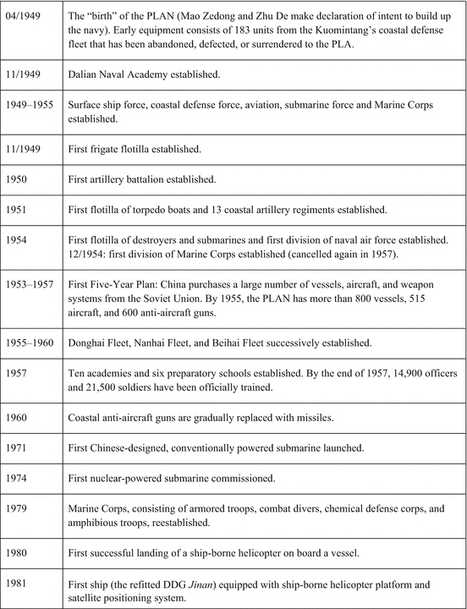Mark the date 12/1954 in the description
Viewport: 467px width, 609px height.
[91, 254]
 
